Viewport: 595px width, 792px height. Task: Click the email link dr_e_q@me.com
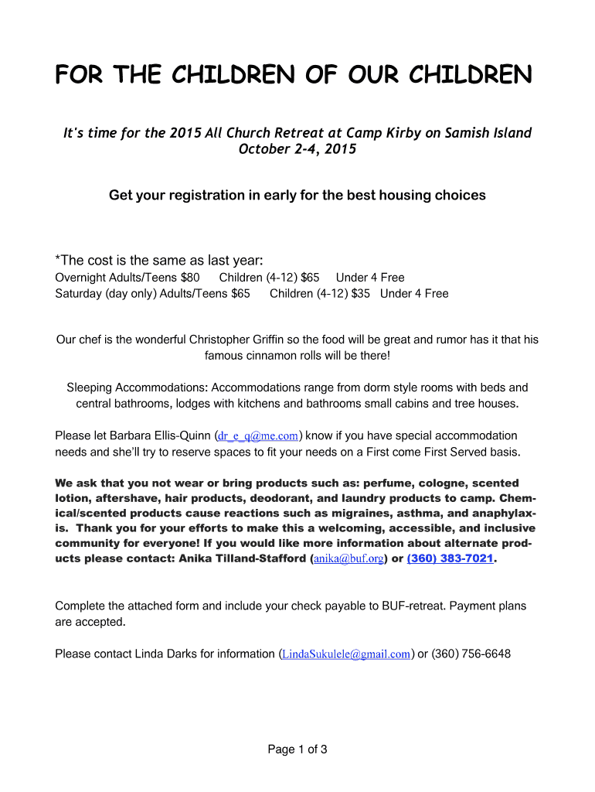coord(259,436)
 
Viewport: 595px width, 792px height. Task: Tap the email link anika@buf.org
coord(348,558)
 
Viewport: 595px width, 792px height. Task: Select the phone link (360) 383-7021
coord(450,558)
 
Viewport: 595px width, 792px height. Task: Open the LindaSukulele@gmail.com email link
coord(345,654)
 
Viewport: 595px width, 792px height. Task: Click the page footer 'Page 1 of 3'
coord(297,749)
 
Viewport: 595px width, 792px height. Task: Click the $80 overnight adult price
coord(190,278)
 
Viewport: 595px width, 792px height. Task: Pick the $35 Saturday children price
coord(360,294)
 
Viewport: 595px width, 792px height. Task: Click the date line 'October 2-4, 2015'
coord(297,149)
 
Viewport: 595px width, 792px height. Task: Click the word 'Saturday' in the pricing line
coord(79,294)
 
